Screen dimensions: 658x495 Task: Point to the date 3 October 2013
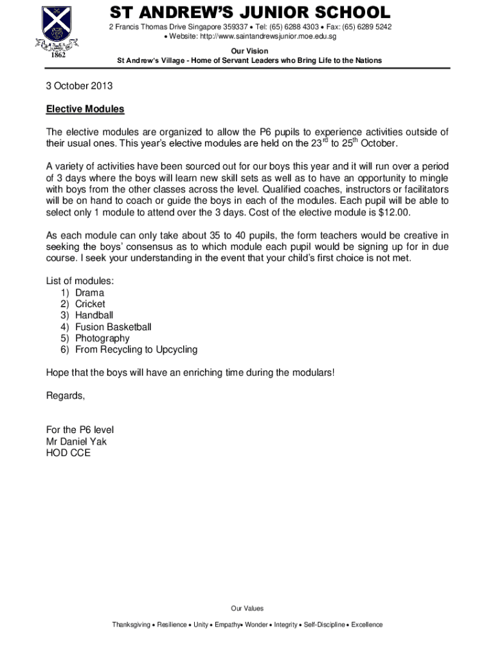click(79, 85)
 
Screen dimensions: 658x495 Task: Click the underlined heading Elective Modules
click(85, 109)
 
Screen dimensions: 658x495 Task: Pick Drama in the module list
click(89, 292)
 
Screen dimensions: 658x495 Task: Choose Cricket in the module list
click(90, 304)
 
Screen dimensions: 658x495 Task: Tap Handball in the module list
click(94, 315)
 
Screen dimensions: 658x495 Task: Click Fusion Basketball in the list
click(113, 326)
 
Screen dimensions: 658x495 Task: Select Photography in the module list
click(102, 338)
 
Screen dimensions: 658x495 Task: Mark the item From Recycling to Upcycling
click(136, 350)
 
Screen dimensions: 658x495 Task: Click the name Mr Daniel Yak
click(76, 441)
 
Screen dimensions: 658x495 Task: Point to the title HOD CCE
click(68, 453)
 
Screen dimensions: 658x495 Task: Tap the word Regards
click(65, 395)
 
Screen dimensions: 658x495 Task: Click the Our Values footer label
click(247, 608)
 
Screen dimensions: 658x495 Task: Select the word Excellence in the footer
click(366, 625)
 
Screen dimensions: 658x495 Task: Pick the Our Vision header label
click(249, 51)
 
